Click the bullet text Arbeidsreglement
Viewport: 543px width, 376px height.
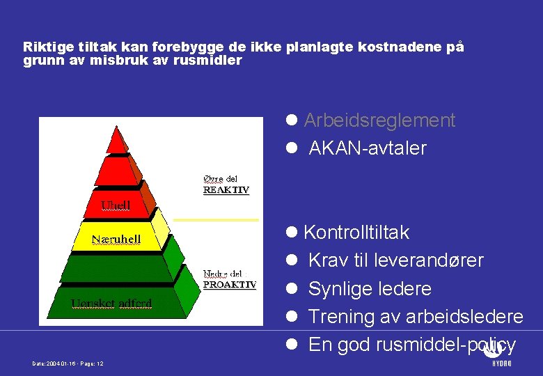click(379, 120)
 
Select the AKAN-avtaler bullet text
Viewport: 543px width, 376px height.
click(367, 148)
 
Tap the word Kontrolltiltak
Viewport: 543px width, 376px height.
click(356, 233)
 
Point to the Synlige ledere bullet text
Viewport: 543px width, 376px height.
click(370, 289)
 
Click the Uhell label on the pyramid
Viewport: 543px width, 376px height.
click(116, 205)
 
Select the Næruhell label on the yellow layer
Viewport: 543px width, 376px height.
click(117, 240)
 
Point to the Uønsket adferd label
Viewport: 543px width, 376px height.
click(112, 303)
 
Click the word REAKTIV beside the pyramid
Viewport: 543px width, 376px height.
click(226, 190)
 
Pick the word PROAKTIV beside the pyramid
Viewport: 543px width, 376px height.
click(229, 284)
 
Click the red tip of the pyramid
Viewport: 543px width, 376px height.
click(117, 139)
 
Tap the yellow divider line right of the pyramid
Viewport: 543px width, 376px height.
click(216, 219)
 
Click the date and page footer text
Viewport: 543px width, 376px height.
click(68, 363)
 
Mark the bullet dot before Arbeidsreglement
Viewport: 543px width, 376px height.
click(292, 120)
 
